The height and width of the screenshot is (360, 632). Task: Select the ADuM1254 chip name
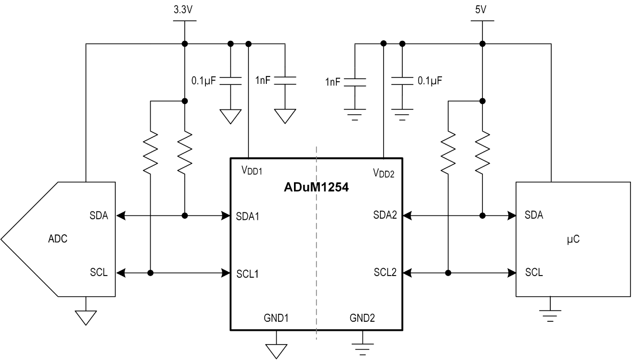tap(317, 187)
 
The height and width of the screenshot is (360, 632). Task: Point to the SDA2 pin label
tap(385, 216)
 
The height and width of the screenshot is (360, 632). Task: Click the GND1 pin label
tap(276, 318)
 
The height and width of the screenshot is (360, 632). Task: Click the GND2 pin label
tap(362, 318)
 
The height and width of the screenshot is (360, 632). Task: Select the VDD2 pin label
tap(384, 172)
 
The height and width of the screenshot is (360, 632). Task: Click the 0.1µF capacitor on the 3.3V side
tap(230, 81)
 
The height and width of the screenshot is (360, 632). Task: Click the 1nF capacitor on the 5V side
tap(354, 81)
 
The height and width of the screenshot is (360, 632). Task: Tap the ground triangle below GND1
tap(276, 350)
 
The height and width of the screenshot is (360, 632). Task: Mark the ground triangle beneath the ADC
tap(85, 317)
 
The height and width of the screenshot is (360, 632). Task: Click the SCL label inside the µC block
tap(534, 272)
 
